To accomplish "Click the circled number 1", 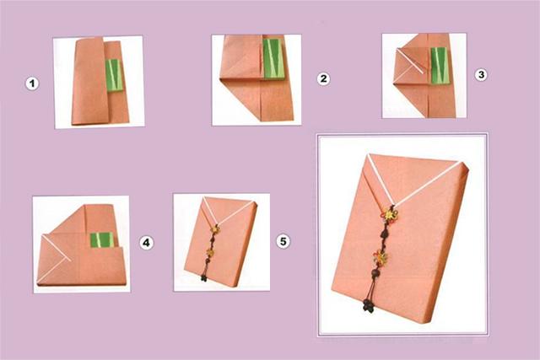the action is (x=32, y=83).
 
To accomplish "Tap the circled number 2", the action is (x=323, y=78).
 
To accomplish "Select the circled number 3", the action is (x=481, y=74).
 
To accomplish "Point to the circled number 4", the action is (x=146, y=243).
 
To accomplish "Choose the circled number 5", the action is (x=283, y=241).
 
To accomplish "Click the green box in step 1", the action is (x=115, y=75).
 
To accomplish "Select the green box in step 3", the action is (x=439, y=66).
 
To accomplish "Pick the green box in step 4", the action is (x=102, y=239).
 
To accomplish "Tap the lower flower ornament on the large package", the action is (x=381, y=257).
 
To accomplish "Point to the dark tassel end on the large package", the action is (x=369, y=306).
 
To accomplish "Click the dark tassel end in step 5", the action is (x=204, y=278).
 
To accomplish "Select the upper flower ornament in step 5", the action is (x=216, y=228).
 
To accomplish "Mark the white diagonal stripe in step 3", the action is (x=409, y=62).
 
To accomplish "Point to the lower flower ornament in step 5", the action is (x=210, y=253).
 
